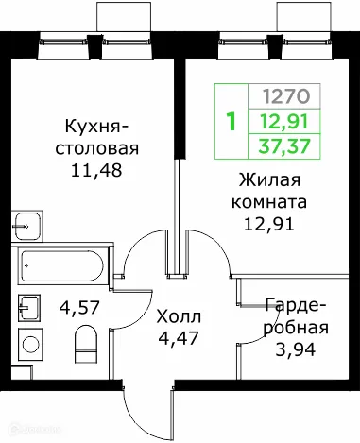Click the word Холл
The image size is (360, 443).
(x=178, y=315)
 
